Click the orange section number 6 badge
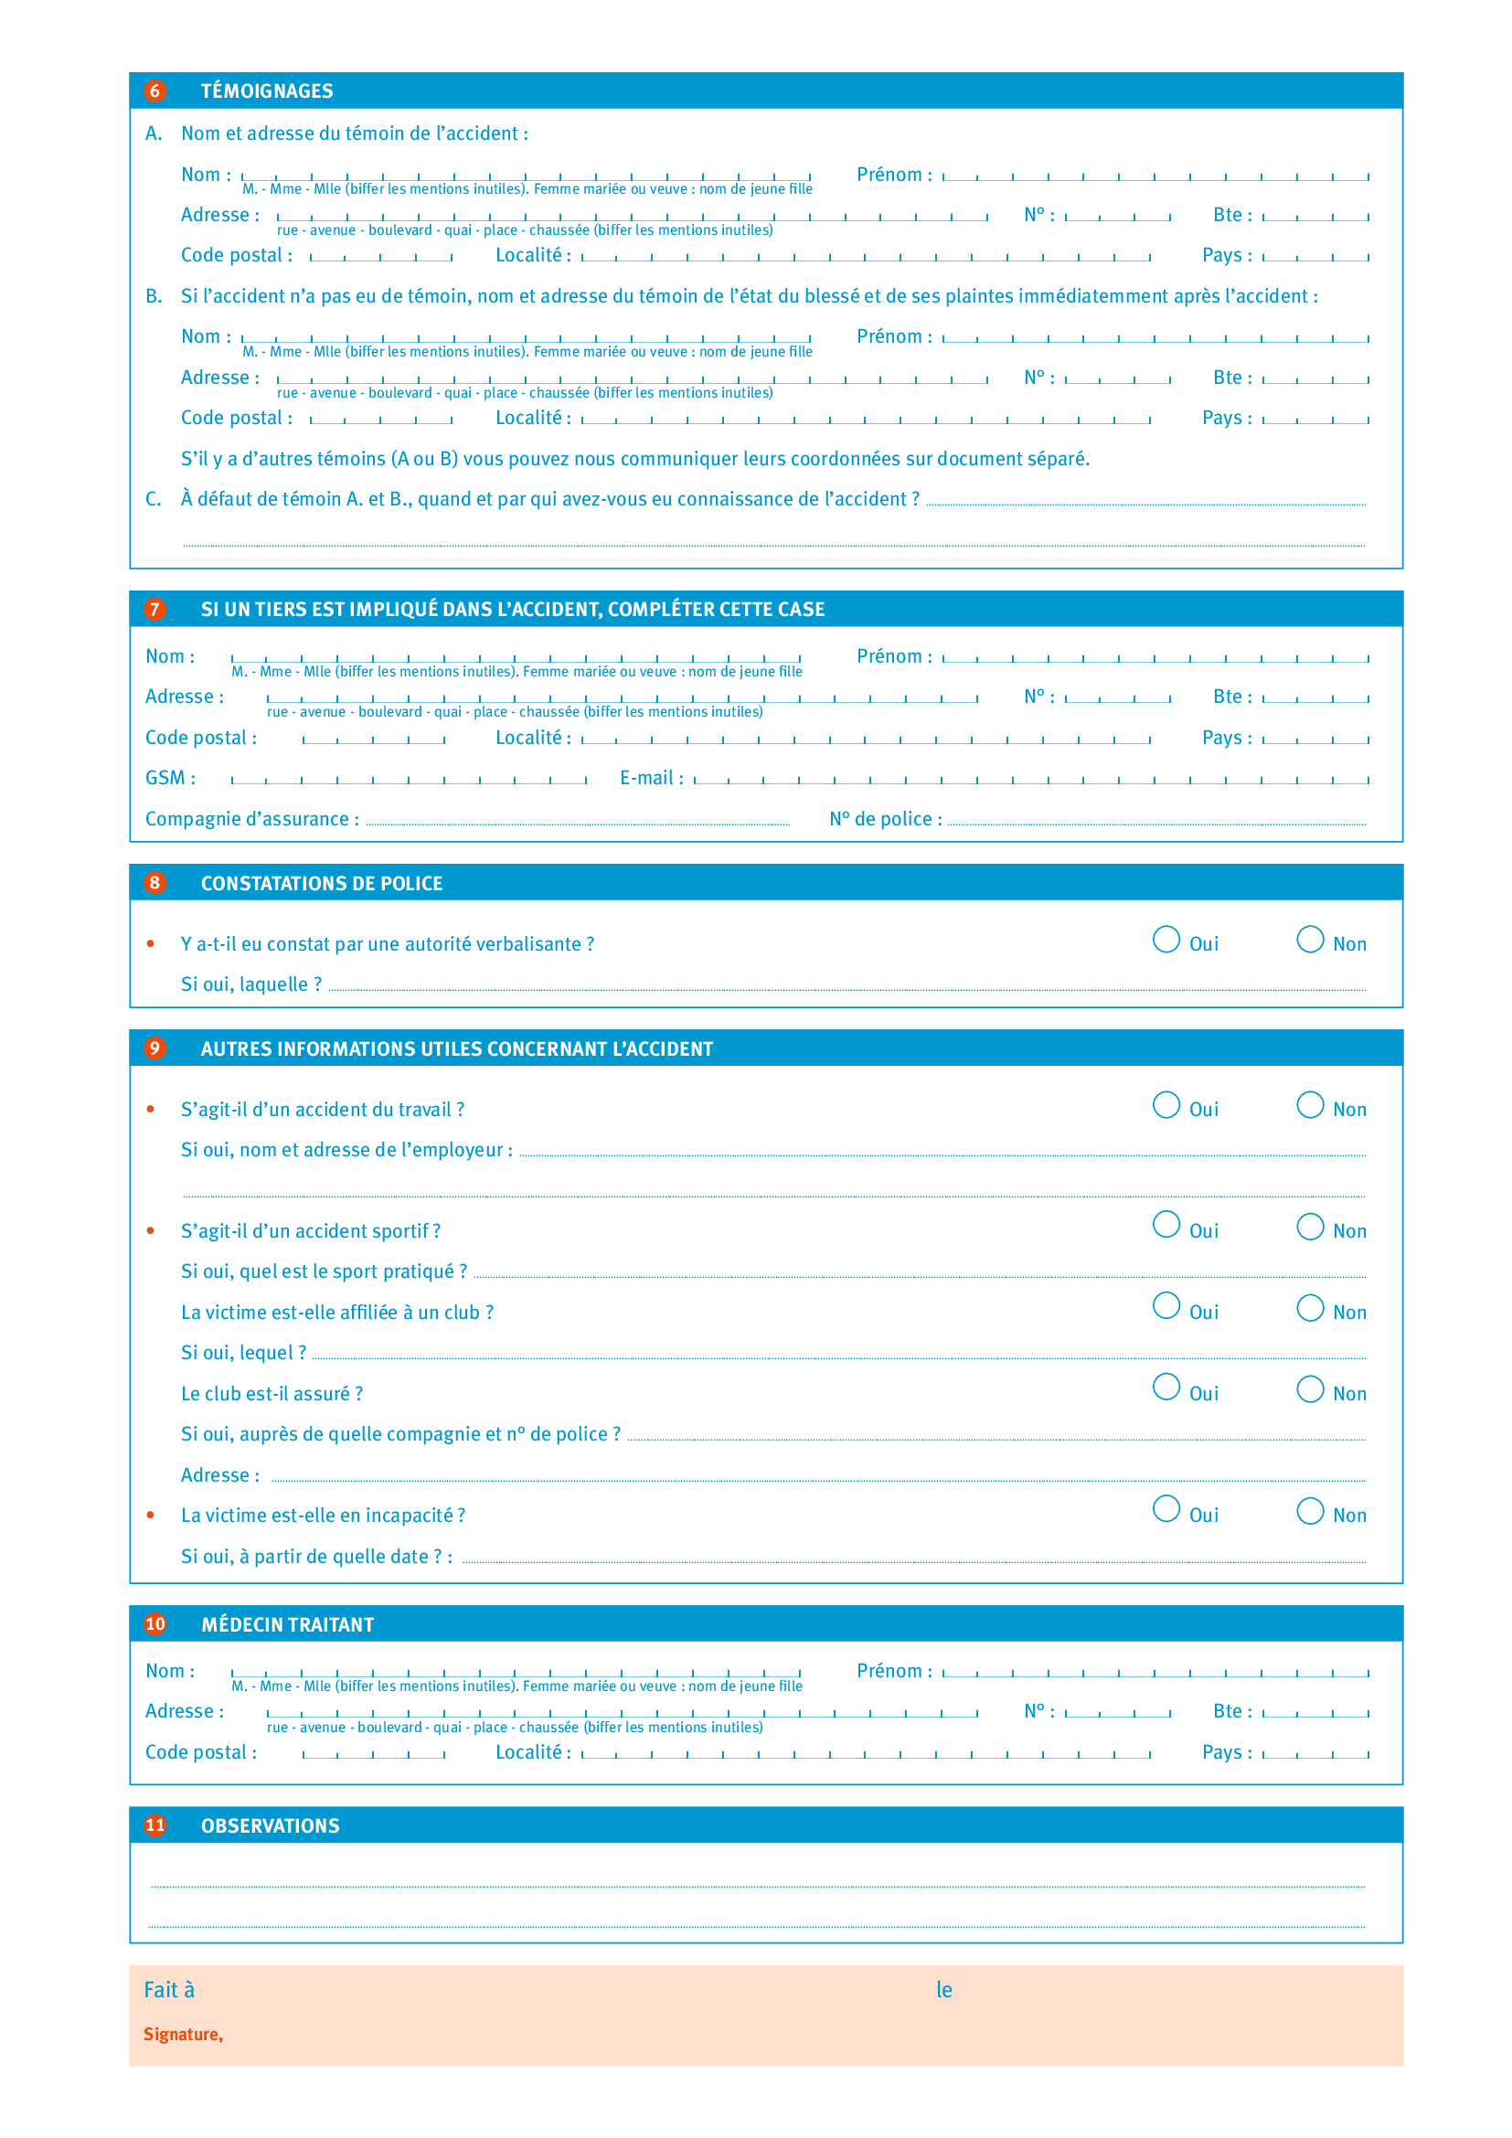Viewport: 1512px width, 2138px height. [154, 91]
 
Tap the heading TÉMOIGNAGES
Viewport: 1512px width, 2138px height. [266, 91]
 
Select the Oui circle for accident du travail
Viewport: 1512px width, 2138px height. [1166, 1104]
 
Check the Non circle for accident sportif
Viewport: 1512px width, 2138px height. [1310, 1227]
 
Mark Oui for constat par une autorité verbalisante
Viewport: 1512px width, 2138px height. [1166, 939]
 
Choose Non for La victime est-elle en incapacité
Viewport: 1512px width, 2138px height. [1310, 1510]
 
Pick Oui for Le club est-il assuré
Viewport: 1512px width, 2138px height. [1166, 1388]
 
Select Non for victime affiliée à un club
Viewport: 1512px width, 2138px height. [1310, 1307]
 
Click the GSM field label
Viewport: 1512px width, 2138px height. [169, 779]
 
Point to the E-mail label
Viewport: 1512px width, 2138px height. [651, 779]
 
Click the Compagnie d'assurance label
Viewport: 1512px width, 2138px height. [251, 819]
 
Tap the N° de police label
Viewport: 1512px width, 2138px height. [886, 819]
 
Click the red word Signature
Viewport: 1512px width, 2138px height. [183, 2035]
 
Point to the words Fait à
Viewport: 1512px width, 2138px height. [168, 1990]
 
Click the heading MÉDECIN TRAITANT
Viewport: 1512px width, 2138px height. [288, 1625]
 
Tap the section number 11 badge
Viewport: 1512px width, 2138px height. [154, 1825]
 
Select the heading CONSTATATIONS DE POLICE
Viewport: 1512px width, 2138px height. [321, 884]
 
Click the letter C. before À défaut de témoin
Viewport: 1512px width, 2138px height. [153, 500]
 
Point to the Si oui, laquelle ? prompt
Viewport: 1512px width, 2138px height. [250, 985]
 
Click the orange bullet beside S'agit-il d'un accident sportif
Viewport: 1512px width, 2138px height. [151, 1231]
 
